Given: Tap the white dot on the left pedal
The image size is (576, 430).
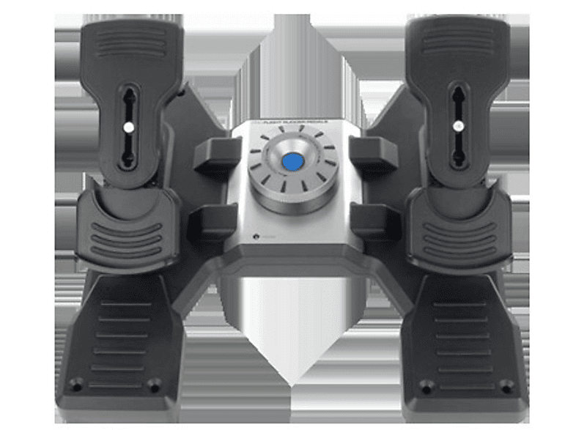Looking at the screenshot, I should pos(128,126).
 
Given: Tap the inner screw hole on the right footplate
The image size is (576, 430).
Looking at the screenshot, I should pos(427,384).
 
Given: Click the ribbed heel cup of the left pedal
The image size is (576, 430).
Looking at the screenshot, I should pos(122,230).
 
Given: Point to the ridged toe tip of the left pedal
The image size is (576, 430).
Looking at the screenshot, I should pos(130,42).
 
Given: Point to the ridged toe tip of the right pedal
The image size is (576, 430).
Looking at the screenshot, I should pos(457,41).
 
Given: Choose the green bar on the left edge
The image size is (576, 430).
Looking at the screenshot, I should pos(21,215).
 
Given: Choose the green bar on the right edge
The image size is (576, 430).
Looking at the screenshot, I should pos(554,215).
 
